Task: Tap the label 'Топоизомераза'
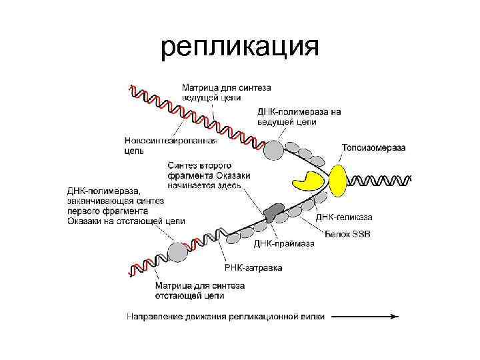tap(375, 148)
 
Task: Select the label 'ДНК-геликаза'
tap(344, 217)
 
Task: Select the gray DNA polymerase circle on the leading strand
tap(273, 151)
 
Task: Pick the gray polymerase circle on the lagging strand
tap(178, 252)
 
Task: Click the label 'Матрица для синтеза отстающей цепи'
tap(200, 290)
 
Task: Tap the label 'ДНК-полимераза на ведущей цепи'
tap(299, 117)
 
